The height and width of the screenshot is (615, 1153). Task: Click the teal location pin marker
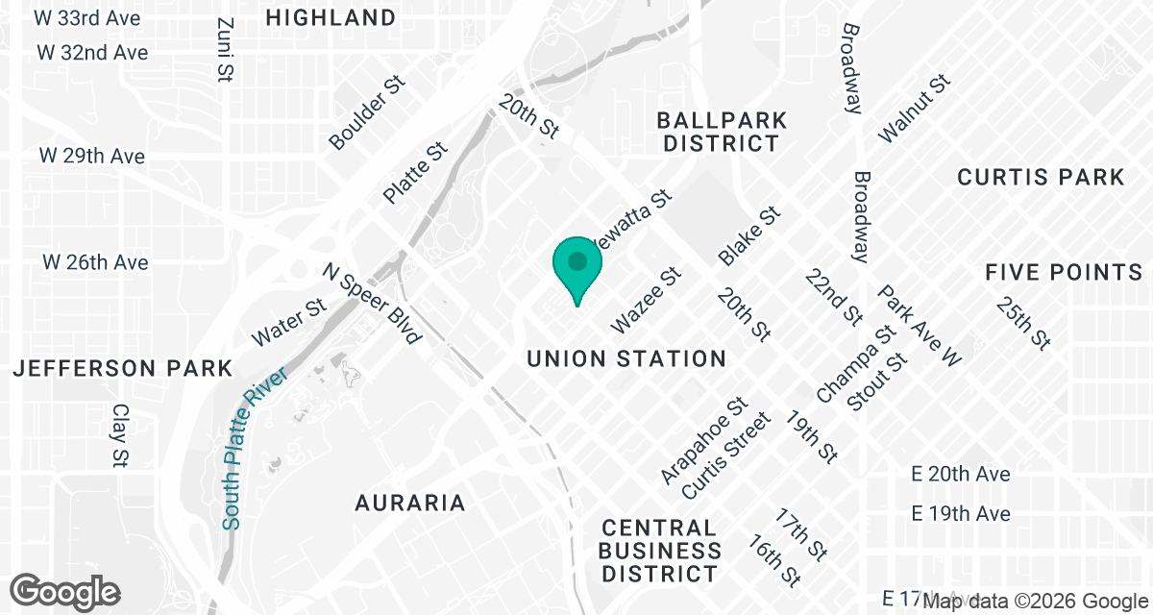(x=576, y=265)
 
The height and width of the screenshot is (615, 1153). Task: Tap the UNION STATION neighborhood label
(x=626, y=359)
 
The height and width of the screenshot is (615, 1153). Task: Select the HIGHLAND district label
(x=331, y=17)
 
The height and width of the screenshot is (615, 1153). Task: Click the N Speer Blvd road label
(x=372, y=304)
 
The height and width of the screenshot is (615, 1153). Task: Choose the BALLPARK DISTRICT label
(x=722, y=133)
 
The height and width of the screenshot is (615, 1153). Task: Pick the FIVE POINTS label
(x=1063, y=273)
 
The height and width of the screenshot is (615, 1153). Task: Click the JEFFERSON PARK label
(x=122, y=368)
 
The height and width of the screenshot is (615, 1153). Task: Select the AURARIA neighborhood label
(x=410, y=503)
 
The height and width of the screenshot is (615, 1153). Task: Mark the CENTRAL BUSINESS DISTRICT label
(x=660, y=552)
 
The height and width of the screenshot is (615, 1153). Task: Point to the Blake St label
(x=748, y=236)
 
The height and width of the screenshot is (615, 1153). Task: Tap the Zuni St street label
(x=227, y=50)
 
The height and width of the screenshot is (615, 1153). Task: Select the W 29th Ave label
(x=92, y=156)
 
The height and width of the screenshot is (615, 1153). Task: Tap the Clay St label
(x=120, y=436)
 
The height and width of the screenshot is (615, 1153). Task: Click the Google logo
(x=65, y=591)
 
